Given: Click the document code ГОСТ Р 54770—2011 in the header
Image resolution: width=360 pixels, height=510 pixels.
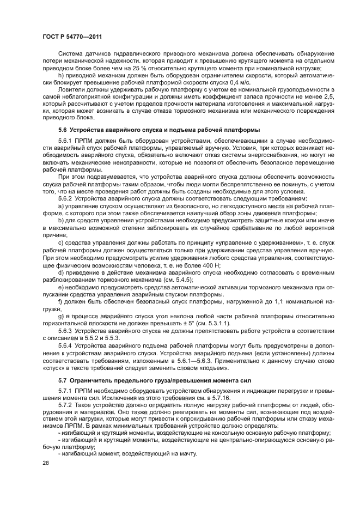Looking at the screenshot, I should click(x=73, y=37).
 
